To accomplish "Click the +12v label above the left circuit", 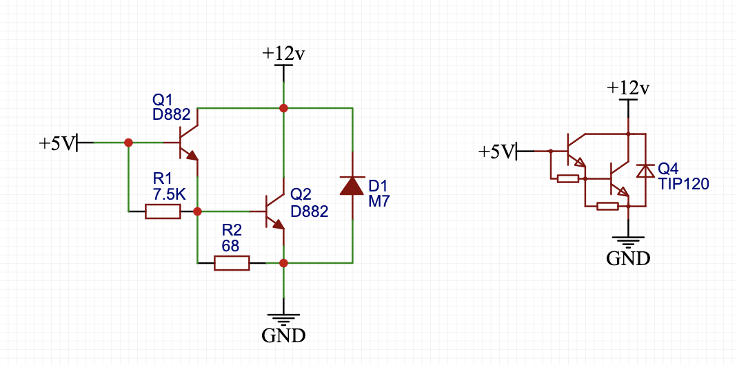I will pos(283,54).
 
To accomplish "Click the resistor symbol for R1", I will pos(163,211).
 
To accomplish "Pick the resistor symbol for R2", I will pos(232,262).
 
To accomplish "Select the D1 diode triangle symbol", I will pos(352,186).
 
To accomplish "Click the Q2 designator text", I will pos(301,194).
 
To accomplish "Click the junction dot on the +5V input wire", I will pos(128,143).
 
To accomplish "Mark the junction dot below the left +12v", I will pos(283,108).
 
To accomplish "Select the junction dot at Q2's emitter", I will pos(283,262).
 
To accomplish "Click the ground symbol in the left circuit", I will pos(283,317).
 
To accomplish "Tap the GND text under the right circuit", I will pos(628,258).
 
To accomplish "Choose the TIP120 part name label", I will pos(683,184).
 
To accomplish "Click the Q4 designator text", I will pos(668,169).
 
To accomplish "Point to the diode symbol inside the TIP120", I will pos(645,170).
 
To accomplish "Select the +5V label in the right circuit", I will pos(496,151).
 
